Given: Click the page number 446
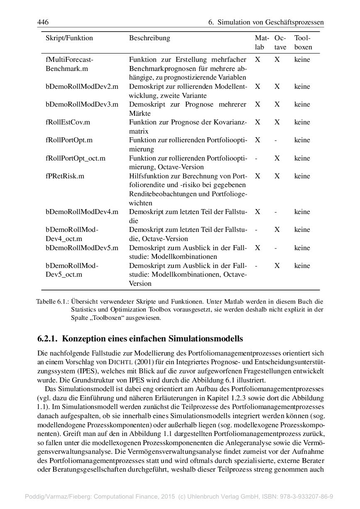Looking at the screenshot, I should coord(43,22).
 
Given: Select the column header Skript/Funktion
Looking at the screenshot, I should coord(69,38).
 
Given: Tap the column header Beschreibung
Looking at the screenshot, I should coord(149,38).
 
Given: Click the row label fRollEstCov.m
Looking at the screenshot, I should coord(68,122).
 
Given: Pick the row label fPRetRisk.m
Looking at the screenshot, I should coord(65,176).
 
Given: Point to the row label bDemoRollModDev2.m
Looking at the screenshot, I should coord(82,87).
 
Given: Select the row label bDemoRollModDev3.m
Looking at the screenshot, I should coord(82,105).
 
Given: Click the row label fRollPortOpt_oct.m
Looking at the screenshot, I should coord(76,158).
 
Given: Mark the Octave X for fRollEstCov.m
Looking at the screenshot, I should coord(277,122).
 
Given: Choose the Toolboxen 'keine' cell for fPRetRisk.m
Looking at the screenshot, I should coord(302,176).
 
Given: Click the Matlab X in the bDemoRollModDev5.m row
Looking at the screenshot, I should coord(257,248).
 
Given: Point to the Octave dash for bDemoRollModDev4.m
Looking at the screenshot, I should coord(276,212).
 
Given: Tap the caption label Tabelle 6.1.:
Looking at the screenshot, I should coord(52,301).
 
